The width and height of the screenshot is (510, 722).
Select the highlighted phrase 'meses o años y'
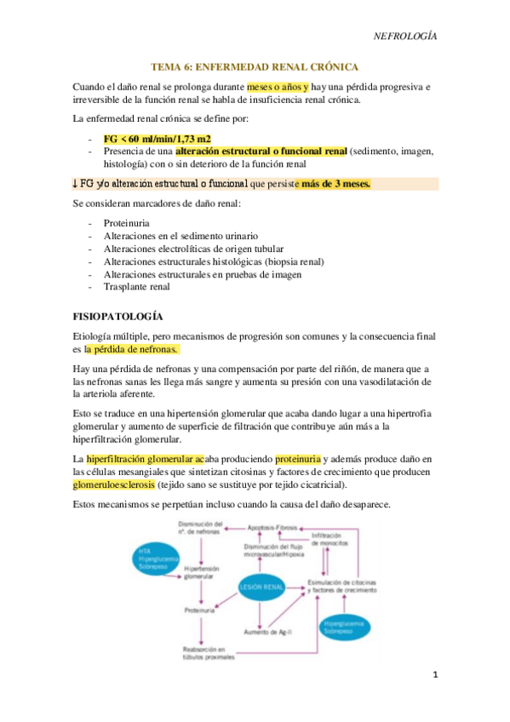point(277,86)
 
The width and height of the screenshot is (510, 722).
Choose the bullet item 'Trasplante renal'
point(136,287)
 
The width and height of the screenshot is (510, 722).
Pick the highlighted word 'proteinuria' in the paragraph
point(297,459)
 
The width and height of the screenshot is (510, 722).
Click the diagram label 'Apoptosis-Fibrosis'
point(272,528)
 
